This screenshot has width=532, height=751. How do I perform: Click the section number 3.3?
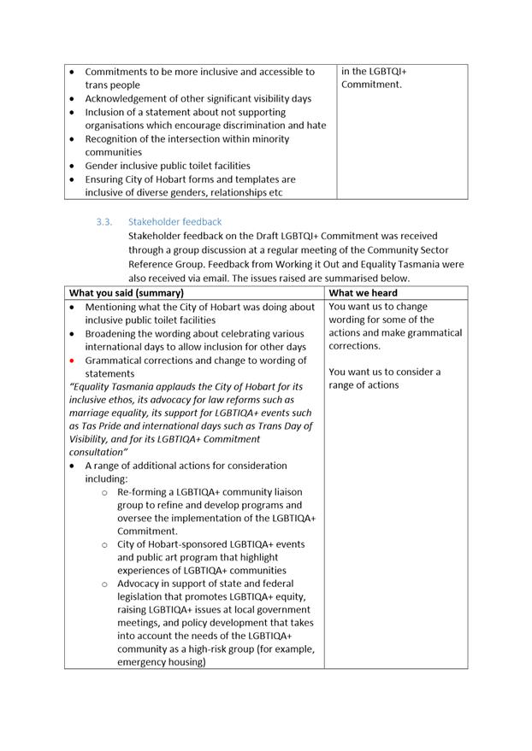(x=104, y=222)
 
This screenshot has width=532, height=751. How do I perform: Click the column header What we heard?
(x=364, y=293)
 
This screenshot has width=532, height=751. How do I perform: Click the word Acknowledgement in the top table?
(x=125, y=99)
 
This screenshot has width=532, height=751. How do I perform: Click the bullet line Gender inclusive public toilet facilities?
(x=168, y=166)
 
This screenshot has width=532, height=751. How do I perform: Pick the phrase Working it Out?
(x=348, y=265)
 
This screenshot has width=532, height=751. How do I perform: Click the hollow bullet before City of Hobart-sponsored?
(x=104, y=545)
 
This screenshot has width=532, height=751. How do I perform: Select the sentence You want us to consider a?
(x=385, y=373)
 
